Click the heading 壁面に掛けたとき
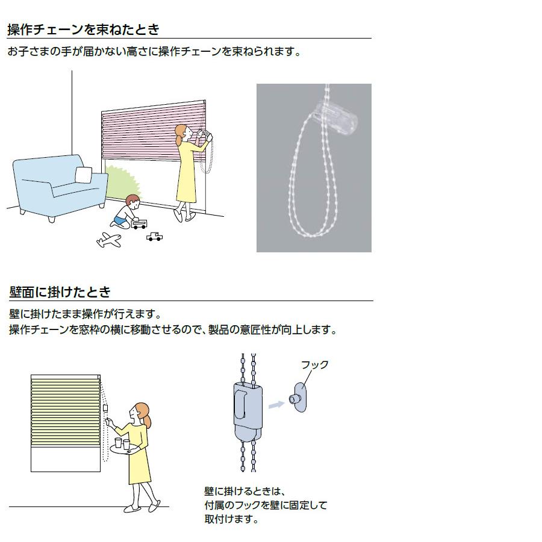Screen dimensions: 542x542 click(x=60, y=292)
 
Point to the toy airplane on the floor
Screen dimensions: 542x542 click(x=108, y=240)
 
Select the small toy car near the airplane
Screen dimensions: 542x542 click(x=154, y=236)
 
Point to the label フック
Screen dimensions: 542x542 click(x=314, y=364)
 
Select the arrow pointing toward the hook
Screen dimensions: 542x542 click(x=275, y=405)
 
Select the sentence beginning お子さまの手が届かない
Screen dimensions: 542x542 click(x=154, y=52)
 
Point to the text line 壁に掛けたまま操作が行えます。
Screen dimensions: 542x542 click(x=86, y=314)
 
